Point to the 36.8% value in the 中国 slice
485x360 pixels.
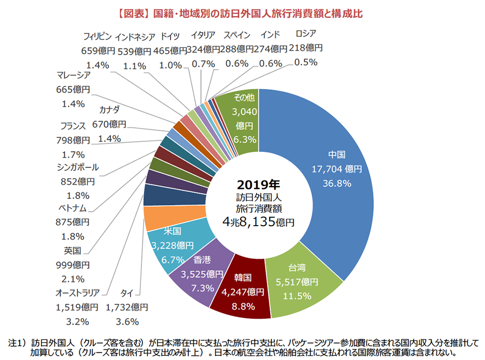click(x=336, y=183)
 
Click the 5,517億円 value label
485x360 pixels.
click(x=297, y=282)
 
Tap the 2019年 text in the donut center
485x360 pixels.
click(x=259, y=184)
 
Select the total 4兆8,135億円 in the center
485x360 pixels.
click(x=259, y=221)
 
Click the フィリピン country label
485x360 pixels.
click(x=96, y=36)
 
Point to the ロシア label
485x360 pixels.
click(x=306, y=34)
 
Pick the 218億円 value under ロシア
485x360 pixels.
click(x=306, y=48)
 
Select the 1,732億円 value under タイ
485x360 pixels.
click(x=127, y=306)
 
